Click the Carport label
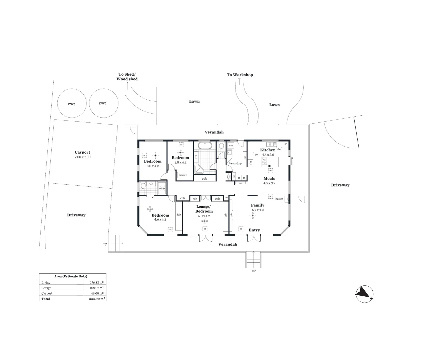pos(82,152)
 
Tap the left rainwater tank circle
pos(71,103)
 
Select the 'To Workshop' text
pos(240,75)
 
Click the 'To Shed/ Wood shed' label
pos(127,77)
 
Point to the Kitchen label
pos(268,150)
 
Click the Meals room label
pos(269,178)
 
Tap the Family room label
pos(258,205)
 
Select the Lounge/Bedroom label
pos(204,209)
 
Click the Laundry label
pos(235,163)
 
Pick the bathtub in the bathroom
pos(205,146)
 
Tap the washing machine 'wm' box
pos(231,146)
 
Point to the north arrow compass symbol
pos(364,294)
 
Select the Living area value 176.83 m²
pos(97,282)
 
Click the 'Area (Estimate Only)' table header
pos(71,276)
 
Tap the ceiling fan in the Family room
pos(253,216)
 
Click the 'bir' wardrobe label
pos(179,215)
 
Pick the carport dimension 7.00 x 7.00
pos(82,157)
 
